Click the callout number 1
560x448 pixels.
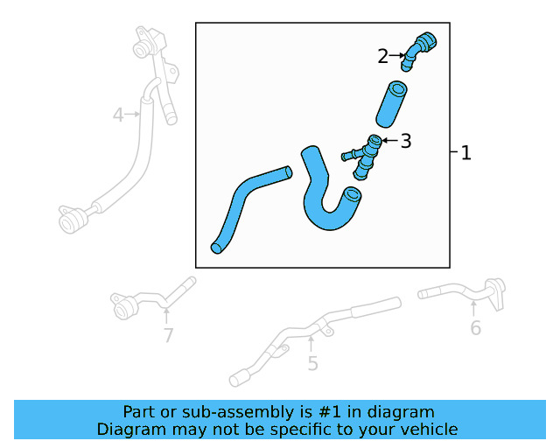pyautogui.click(x=465, y=153)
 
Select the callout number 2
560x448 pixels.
pyautogui.click(x=382, y=57)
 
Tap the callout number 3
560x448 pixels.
pyautogui.click(x=406, y=141)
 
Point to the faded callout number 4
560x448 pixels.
pyautogui.click(x=119, y=114)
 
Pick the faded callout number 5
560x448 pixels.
pyautogui.click(x=312, y=364)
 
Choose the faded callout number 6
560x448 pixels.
pyautogui.click(x=475, y=328)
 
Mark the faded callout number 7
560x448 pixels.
pyautogui.click(x=168, y=335)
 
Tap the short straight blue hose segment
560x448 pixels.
pyautogui.click(x=389, y=102)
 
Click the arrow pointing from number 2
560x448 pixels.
pyautogui.click(x=396, y=56)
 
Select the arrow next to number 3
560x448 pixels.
pyautogui.click(x=389, y=140)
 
